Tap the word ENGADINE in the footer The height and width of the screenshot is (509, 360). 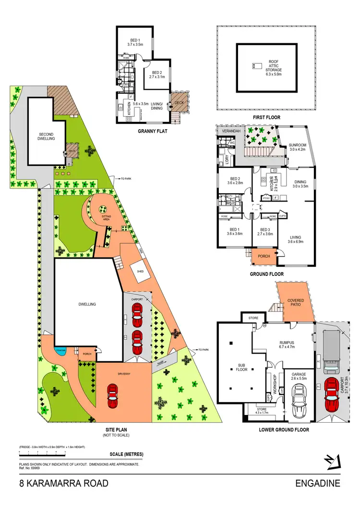[x=317, y=483]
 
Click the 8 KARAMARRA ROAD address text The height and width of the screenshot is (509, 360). [x=63, y=483]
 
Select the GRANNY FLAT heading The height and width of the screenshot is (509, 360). [x=152, y=130]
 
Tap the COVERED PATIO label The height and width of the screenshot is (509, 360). [x=296, y=303]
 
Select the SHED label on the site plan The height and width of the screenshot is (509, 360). [x=141, y=272]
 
